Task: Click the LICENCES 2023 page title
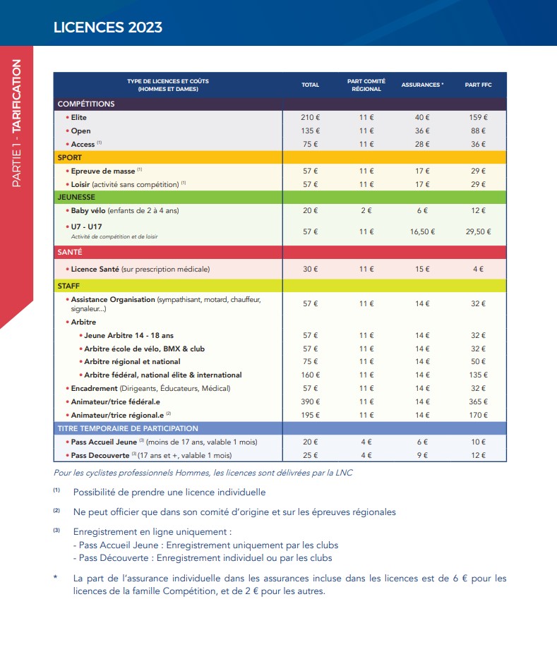[x=108, y=28]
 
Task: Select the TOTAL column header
[x=310, y=85]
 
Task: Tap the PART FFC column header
[x=478, y=85]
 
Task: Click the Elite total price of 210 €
[x=310, y=117]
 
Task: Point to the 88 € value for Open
[x=478, y=131]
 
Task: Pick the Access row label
[x=83, y=144]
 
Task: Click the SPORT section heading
[x=70, y=157]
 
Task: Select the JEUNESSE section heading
[x=76, y=198]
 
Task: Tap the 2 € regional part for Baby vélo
[x=366, y=210]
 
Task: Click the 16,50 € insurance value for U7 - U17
[x=422, y=231]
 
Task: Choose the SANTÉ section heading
[x=70, y=252]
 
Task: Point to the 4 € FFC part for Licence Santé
[x=478, y=269]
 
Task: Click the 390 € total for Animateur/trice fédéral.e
[x=310, y=401]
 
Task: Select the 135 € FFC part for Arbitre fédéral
[x=478, y=375]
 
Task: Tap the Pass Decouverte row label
[x=100, y=455]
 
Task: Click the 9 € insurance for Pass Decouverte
[x=422, y=455]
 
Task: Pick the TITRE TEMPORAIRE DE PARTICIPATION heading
[x=128, y=428]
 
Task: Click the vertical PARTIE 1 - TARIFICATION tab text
[x=16, y=123]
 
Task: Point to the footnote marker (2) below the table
[x=56, y=510]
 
